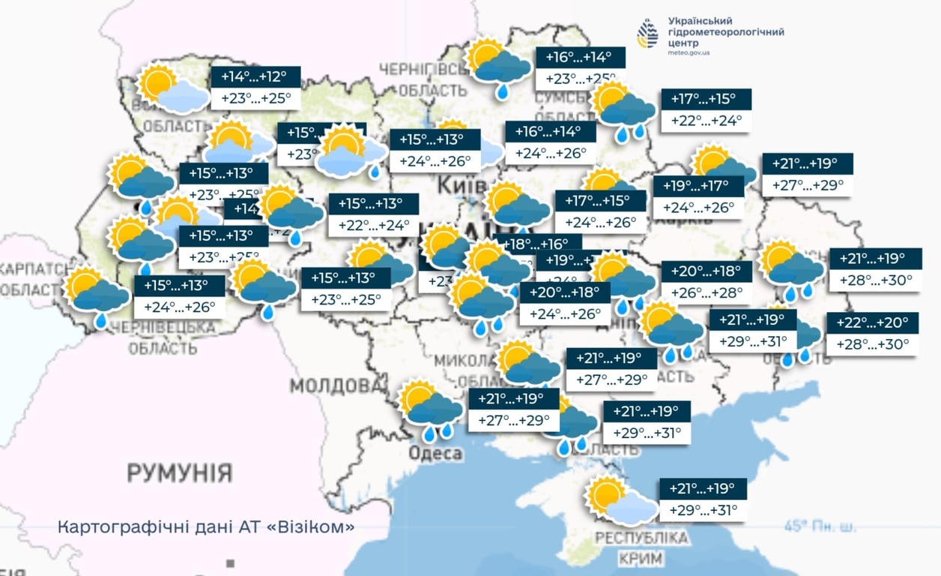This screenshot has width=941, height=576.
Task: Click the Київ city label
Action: [x=456, y=184]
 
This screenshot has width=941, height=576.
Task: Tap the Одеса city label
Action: [x=435, y=454]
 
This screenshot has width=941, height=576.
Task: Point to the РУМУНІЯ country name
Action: [x=179, y=473]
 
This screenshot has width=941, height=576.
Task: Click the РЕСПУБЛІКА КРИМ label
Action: [x=641, y=548]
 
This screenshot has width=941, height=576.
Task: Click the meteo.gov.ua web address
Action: [x=689, y=52]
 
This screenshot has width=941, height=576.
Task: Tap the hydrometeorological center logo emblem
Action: [x=647, y=34]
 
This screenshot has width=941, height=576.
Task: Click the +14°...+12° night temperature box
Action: [x=255, y=77]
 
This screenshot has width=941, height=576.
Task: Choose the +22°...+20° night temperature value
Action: [x=872, y=323]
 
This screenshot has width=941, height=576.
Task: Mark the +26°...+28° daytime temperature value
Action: [x=706, y=292]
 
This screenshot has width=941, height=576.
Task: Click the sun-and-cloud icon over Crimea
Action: [x=620, y=500]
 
